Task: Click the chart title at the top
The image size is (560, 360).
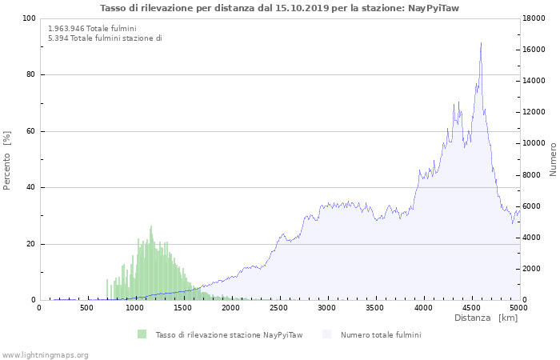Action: point(279,8)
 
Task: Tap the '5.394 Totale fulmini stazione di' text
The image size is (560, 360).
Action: point(105,38)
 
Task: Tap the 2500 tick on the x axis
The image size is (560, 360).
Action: point(279,308)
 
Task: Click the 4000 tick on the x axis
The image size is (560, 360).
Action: point(423,308)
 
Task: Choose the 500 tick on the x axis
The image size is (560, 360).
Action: point(87,308)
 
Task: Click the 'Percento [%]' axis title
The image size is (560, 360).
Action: point(7,159)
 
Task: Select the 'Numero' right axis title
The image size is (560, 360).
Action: point(552,159)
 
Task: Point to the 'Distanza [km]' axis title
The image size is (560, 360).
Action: point(486,318)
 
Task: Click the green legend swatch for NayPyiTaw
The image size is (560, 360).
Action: point(142,334)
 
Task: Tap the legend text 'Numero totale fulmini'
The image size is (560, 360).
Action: point(381,334)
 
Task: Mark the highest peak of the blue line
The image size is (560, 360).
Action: point(481,43)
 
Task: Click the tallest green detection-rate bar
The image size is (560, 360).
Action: point(150,226)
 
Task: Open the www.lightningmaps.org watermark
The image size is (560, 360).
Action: point(45,354)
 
